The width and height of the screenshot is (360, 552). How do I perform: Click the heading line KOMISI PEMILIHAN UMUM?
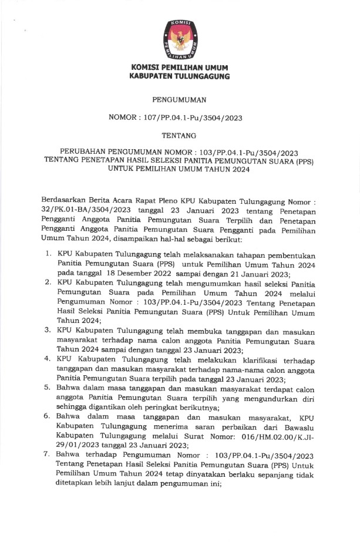(x=180, y=68)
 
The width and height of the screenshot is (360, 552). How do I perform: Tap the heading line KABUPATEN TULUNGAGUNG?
(x=180, y=76)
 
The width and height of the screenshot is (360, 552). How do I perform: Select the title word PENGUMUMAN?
(x=179, y=100)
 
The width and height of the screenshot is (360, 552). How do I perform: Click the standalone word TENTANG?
(x=179, y=135)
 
